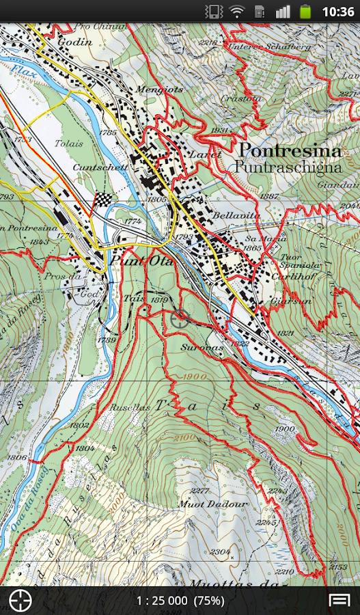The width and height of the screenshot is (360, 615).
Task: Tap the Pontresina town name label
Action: pos(290,150)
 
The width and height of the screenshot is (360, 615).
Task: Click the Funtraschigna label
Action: pos(286,166)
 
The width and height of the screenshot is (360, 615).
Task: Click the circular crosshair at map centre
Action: pos(181,317)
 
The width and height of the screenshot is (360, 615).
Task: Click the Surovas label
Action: pos(202,347)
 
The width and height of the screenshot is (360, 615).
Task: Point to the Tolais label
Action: pos(70,144)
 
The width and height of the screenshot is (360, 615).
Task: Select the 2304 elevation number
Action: pos(220,551)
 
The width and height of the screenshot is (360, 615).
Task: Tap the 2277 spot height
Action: pos(200,491)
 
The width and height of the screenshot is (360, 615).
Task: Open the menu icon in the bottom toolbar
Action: pos(340,600)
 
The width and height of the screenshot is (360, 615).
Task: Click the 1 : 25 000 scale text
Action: pos(161,601)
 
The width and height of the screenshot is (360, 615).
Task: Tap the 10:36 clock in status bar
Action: pos(337,12)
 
